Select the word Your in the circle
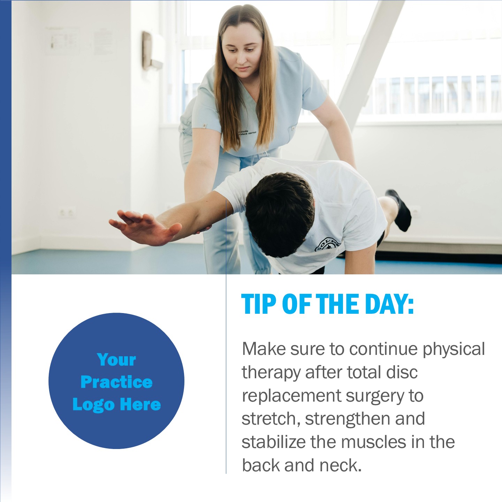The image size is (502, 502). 116,360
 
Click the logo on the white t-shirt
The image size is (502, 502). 328,245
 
